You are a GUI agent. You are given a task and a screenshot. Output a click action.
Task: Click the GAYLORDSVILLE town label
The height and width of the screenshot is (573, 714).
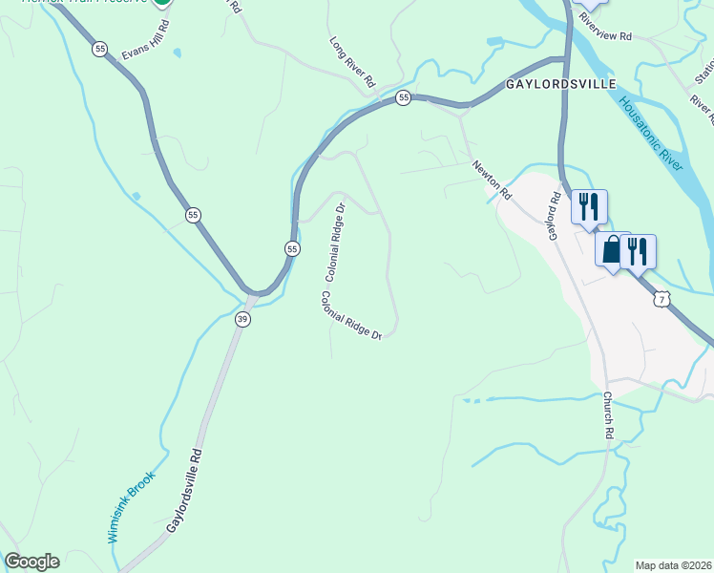(560, 84)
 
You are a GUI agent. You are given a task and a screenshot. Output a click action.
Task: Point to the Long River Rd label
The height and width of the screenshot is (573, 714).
(353, 63)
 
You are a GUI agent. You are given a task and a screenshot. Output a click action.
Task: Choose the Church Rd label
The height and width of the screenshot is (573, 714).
(608, 414)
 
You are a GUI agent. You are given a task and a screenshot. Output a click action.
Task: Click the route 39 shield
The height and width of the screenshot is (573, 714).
(242, 320)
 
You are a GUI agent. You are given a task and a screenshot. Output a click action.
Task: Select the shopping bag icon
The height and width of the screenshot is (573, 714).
(611, 250)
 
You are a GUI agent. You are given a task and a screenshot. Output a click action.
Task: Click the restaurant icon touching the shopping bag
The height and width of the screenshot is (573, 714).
(638, 251)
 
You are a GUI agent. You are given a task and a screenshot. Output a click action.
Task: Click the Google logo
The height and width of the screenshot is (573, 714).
(31, 562)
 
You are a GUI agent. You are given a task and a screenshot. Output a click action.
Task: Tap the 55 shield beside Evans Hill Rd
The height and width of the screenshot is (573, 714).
(99, 49)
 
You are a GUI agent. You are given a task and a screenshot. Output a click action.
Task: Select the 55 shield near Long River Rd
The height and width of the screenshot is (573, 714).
(404, 97)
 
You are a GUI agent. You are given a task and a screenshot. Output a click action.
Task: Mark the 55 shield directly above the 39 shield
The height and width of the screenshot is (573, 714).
(291, 248)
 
